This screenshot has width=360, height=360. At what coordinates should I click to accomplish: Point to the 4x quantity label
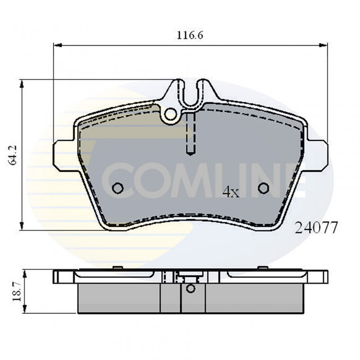(231, 192)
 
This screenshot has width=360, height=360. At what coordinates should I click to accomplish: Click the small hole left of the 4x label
(118, 188)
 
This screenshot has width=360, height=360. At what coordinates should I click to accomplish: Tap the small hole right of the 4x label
(263, 188)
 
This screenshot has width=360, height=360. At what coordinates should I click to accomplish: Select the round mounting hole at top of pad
(170, 115)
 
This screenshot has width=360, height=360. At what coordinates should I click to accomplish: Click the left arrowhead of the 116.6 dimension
(57, 45)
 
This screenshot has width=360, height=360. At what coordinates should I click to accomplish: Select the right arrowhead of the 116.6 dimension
(325, 45)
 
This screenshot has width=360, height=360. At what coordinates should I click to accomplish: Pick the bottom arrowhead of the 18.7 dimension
(26, 311)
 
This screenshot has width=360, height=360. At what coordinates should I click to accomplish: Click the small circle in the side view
(191, 288)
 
